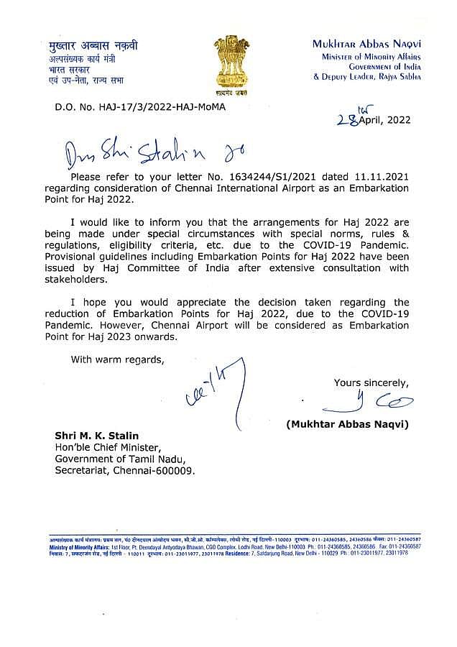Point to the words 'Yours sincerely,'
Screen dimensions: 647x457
pyautogui.click(x=370, y=382)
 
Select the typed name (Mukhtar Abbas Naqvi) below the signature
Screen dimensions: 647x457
pyautogui.click(x=348, y=425)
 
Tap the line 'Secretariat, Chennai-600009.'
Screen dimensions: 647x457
pyautogui.click(x=125, y=472)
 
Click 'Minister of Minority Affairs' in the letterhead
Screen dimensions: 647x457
pyautogui.click(x=371, y=56)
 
